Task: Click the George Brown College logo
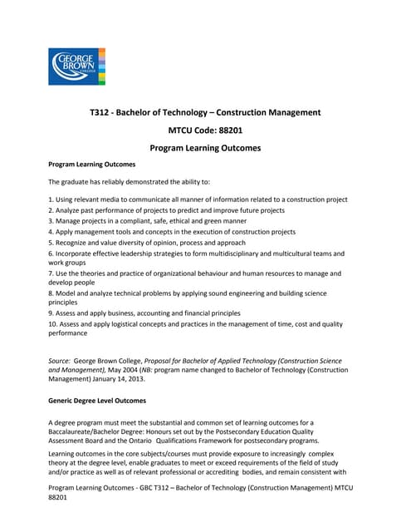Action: [x=76, y=66]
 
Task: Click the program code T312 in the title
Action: [x=100, y=112]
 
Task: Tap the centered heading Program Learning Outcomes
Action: [x=205, y=148]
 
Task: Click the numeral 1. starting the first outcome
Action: [x=51, y=199]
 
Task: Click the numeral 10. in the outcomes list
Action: [x=53, y=324]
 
